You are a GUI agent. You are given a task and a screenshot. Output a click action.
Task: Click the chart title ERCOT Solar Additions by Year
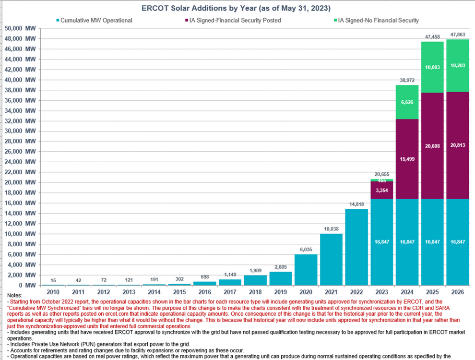coord(237,9)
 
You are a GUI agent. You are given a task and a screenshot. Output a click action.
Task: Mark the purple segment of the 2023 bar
coord(382,190)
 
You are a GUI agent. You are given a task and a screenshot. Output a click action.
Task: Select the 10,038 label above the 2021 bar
coord(331,228)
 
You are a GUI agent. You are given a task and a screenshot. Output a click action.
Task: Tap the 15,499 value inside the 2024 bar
coord(407,158)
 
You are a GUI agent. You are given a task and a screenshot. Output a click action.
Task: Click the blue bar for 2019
coord(280,278)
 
